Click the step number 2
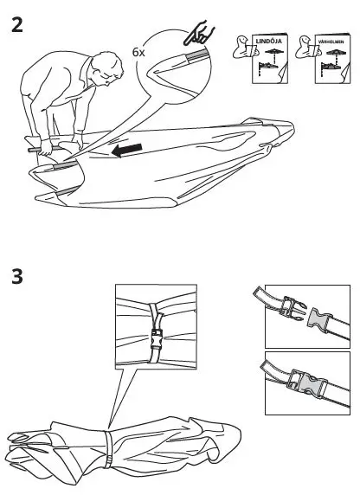point(16,23)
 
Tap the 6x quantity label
point(138,52)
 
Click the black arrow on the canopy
point(127,153)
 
